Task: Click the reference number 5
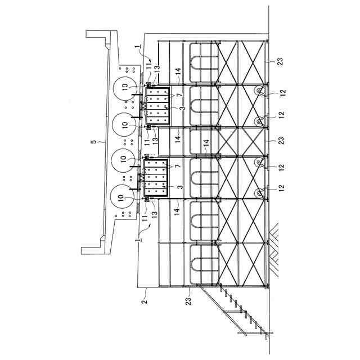point(94,142)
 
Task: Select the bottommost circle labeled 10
point(123,199)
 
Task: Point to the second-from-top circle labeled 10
point(123,123)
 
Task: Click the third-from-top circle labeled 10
point(123,161)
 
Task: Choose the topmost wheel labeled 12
point(260,91)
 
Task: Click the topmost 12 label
point(281,92)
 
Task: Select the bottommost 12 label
point(281,187)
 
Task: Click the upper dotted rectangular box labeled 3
point(158,105)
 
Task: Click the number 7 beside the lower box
point(179,167)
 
